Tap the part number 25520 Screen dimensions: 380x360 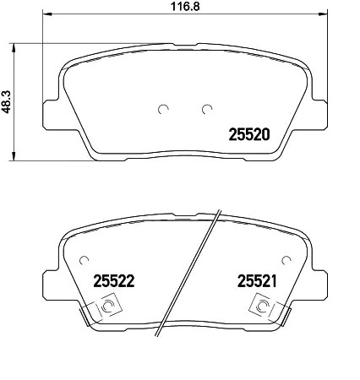coord(249,133)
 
